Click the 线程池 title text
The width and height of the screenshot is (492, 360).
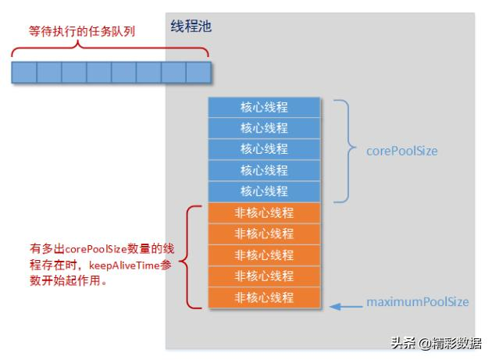(191, 27)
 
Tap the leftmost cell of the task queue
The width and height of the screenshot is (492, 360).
(24, 73)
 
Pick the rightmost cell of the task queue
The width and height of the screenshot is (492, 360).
(199, 73)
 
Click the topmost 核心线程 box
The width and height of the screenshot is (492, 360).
(264, 107)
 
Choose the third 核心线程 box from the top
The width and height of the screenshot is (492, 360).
(264, 149)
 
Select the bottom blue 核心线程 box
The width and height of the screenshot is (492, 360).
(264, 191)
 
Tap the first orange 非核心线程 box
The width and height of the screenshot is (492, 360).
(264, 212)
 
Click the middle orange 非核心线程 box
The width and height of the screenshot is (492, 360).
(264, 255)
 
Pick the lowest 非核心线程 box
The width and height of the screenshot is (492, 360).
(264, 298)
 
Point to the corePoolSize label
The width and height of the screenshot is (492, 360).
(402, 150)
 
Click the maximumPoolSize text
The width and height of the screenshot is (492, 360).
(418, 301)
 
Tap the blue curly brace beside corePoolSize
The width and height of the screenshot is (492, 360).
(343, 150)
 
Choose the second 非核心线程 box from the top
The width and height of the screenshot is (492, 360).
(264, 233)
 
